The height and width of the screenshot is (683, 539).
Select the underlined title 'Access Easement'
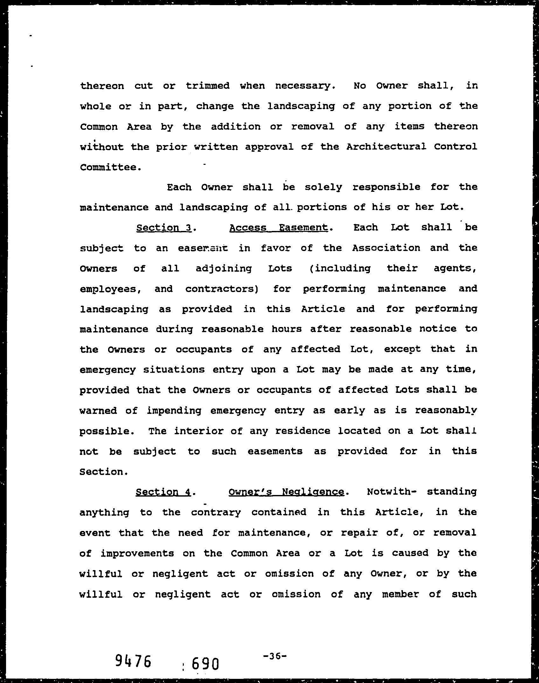point(278,228)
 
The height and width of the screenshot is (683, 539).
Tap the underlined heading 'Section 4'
point(163,492)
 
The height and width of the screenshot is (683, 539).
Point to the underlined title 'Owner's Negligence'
point(286,492)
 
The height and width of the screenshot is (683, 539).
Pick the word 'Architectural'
point(386,147)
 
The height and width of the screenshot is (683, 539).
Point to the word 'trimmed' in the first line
point(208,86)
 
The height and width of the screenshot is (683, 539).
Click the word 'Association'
point(386,248)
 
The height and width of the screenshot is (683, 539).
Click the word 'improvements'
point(137,554)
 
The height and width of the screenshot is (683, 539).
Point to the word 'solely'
point(323,187)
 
